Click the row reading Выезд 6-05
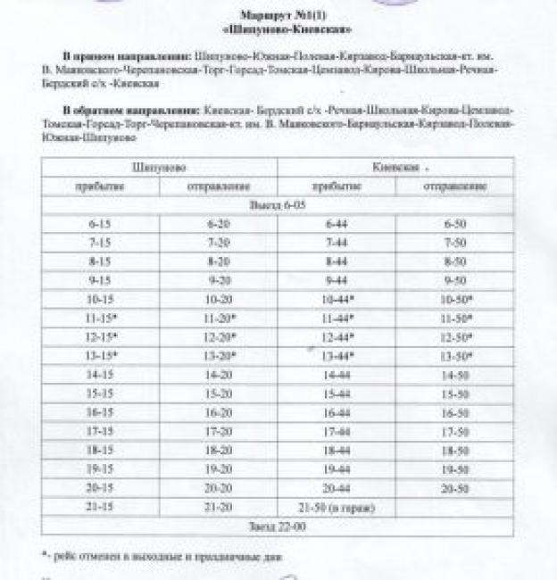point(277,205)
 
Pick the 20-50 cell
point(455,489)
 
